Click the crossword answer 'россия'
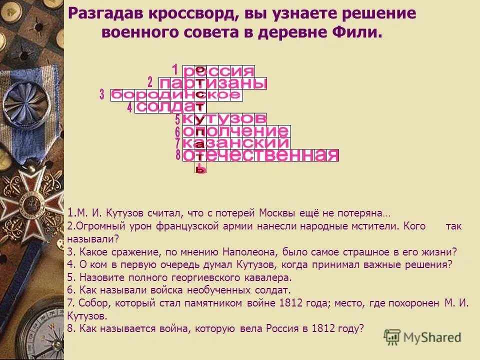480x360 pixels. [x=218, y=71]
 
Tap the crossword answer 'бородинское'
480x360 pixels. [x=176, y=95]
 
